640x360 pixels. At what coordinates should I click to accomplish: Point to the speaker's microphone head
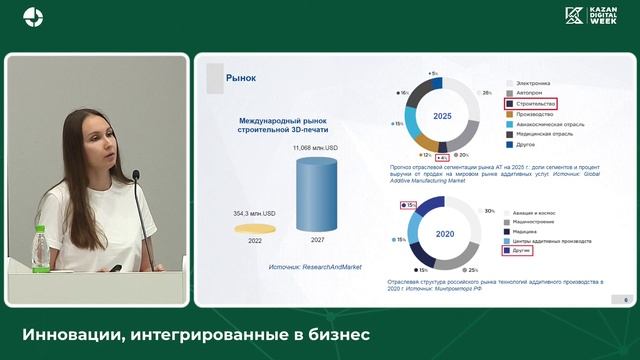[136, 176]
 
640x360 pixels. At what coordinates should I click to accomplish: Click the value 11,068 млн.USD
[316, 148]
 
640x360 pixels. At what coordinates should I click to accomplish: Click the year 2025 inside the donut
[442, 116]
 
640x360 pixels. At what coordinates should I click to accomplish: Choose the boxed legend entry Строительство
[534, 103]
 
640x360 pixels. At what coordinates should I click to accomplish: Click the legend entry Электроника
[533, 82]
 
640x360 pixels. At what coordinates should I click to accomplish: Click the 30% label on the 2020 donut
[489, 212]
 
